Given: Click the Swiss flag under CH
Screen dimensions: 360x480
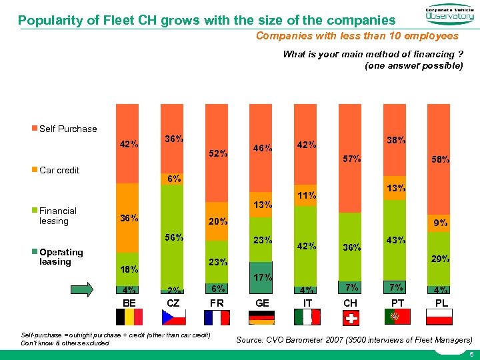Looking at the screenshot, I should tap(350, 317).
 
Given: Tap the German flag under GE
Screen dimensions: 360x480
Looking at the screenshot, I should tap(261, 317).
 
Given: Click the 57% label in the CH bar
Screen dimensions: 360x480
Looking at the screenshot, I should tap(351, 159).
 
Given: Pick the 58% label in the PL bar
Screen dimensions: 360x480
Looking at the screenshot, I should tap(440, 160).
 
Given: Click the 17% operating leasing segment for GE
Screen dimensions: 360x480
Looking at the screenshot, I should tap(262, 277).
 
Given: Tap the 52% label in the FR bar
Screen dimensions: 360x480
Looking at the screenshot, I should tap(217, 153).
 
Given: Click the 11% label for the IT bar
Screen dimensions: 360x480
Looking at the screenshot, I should tap(307, 195).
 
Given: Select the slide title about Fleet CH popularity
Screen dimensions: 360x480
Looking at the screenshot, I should tap(206, 20).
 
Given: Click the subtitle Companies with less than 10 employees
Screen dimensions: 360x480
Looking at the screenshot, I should tap(357, 36).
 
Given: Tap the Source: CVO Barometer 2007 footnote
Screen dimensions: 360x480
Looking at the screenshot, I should tap(355, 340).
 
